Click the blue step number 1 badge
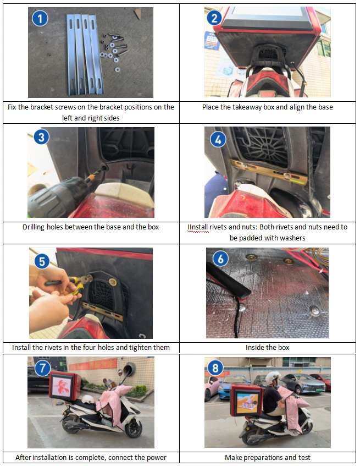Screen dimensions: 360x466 tap(40, 18)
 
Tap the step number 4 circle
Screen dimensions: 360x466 tap(218, 139)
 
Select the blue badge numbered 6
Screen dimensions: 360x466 tap(220, 259)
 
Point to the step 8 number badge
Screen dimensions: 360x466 tap(215, 368)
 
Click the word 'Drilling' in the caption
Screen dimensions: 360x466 tap(34, 227)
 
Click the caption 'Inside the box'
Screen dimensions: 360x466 tap(268, 347)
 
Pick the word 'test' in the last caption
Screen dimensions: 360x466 tap(304, 457)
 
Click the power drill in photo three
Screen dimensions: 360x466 tap(57, 195)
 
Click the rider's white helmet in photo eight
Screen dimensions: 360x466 tap(272, 378)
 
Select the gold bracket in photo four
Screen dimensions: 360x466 tap(269, 172)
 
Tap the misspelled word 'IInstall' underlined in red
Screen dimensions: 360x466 tap(198, 227)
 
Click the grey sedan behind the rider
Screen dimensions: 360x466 tap(303, 383)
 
